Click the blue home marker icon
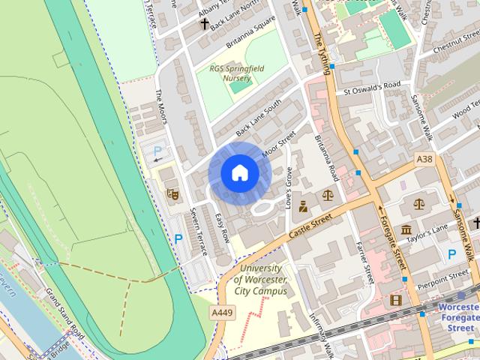(x=239, y=173)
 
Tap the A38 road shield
(x=424, y=159)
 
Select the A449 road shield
(x=220, y=312)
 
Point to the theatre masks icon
(x=172, y=193)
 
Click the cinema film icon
(x=395, y=300)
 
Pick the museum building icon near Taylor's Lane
(x=406, y=229)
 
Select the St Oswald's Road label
(x=372, y=87)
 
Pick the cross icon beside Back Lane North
(x=205, y=23)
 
